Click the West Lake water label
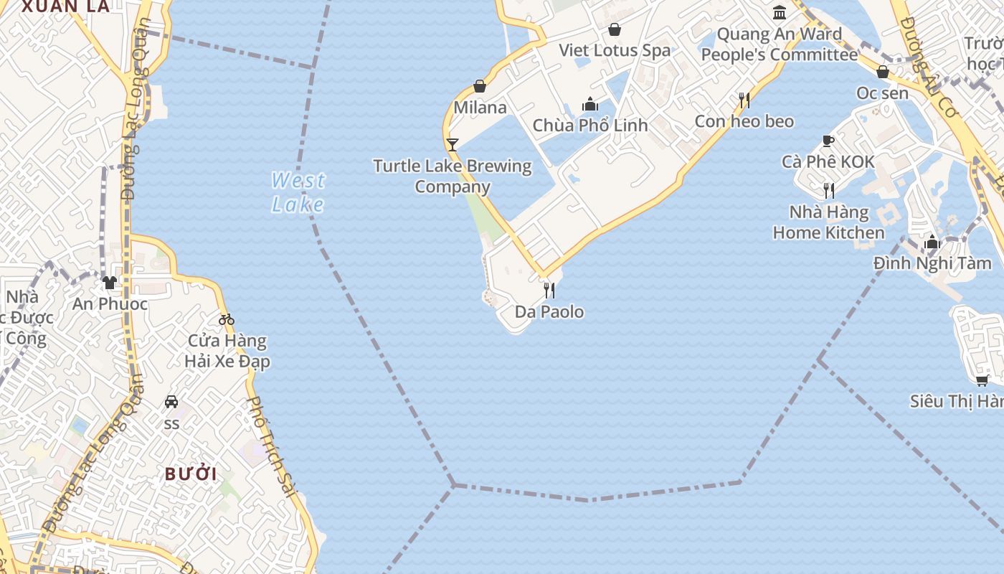point(298,192)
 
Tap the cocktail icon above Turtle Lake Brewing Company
point(452,144)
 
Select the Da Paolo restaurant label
point(549,312)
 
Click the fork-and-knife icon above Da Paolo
point(549,290)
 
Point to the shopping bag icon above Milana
point(480,87)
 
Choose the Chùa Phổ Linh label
point(589,126)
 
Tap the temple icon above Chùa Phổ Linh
point(590,105)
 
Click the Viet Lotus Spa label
point(615,50)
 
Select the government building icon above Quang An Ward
point(780,12)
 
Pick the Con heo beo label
point(744,121)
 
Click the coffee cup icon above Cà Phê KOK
point(828,141)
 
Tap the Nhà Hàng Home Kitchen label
point(828,222)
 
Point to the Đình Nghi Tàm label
point(932,263)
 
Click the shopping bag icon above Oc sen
point(883,72)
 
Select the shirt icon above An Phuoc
point(109,283)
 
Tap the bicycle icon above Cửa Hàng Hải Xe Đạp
point(227,319)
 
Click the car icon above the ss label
point(171,402)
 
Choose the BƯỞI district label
point(191,474)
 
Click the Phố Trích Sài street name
point(272,446)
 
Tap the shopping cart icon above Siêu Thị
point(982,380)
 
